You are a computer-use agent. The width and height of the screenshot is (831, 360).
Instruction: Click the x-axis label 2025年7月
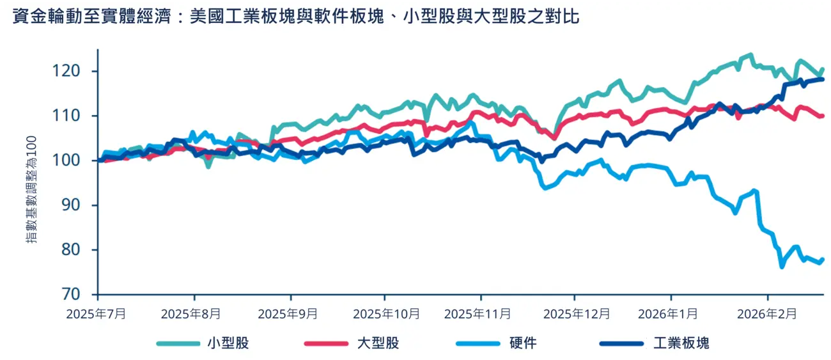click(x=98, y=314)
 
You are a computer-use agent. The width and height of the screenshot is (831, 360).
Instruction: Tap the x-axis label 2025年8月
click(x=191, y=314)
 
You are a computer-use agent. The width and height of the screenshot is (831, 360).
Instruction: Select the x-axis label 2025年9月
click(x=291, y=314)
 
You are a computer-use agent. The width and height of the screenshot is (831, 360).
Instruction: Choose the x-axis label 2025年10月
click(x=387, y=314)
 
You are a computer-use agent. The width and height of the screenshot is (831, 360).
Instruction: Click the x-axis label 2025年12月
click(x=577, y=314)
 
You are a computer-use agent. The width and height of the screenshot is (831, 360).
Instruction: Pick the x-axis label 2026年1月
click(x=671, y=314)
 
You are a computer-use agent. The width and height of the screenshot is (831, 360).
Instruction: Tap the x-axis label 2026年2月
click(x=767, y=314)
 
